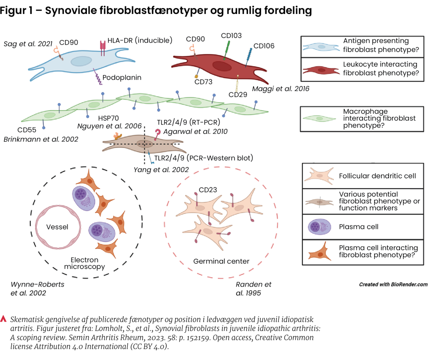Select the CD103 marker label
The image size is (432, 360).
tap(231, 35)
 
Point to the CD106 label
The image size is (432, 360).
tap(264, 46)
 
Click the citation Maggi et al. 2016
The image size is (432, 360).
tap(281, 89)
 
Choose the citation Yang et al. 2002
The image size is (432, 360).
tap(161, 170)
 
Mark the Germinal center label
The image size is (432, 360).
tap(221, 261)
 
